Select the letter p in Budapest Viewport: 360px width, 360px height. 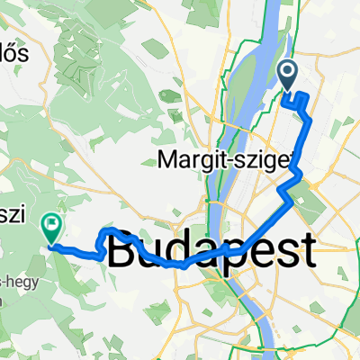(222, 252)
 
